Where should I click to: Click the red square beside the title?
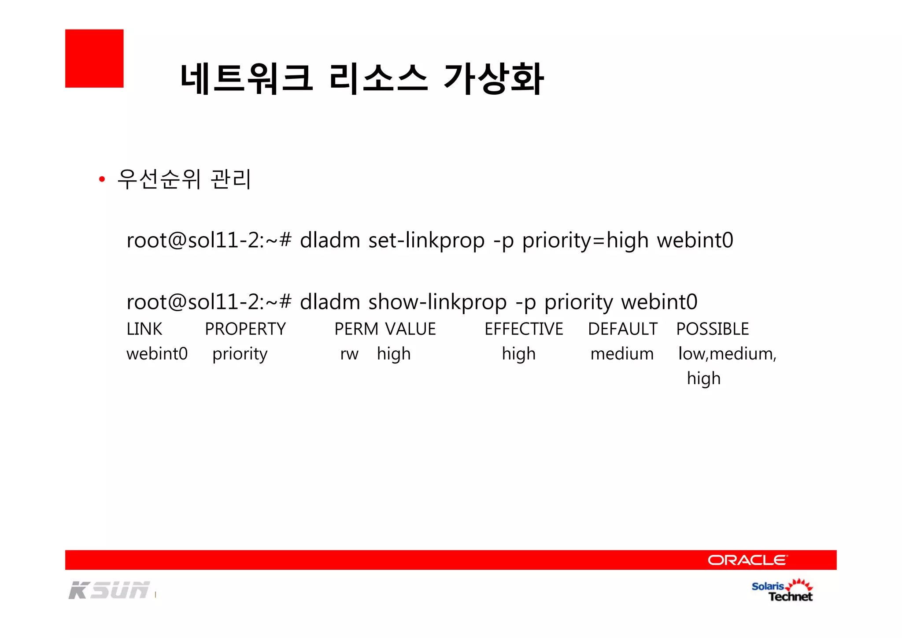click(94, 59)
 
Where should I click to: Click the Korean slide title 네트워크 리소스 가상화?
click(362, 79)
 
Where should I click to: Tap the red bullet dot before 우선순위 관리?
click(102, 179)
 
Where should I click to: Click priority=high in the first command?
click(585, 241)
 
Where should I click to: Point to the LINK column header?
click(144, 329)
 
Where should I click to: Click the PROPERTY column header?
click(245, 329)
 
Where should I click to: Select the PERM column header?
click(356, 329)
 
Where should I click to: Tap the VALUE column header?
click(410, 329)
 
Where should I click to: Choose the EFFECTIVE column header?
click(524, 329)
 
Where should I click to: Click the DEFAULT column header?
click(622, 329)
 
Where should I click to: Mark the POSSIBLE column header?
click(712, 329)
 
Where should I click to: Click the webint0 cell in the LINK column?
click(157, 354)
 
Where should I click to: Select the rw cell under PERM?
click(349, 354)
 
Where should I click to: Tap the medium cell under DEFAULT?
click(622, 354)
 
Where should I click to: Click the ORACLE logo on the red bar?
click(747, 560)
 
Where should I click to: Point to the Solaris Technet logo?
click(782, 591)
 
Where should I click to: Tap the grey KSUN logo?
click(109, 590)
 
